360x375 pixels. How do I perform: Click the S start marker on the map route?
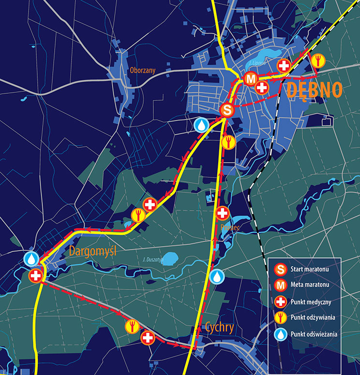click(227, 110)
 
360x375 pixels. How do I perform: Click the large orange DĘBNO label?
click(315, 90)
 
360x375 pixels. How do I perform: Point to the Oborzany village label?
click(142, 70)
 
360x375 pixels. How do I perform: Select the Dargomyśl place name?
click(94, 251)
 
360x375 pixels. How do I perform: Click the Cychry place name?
click(219, 328)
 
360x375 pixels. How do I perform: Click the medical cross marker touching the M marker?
click(262, 87)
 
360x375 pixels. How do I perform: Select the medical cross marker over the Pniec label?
click(222, 213)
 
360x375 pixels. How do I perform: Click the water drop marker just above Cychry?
click(217, 276)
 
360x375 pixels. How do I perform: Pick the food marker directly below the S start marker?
click(228, 142)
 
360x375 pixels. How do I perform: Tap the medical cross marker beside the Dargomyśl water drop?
click(36, 276)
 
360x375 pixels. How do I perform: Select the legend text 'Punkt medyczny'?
click(311, 301)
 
